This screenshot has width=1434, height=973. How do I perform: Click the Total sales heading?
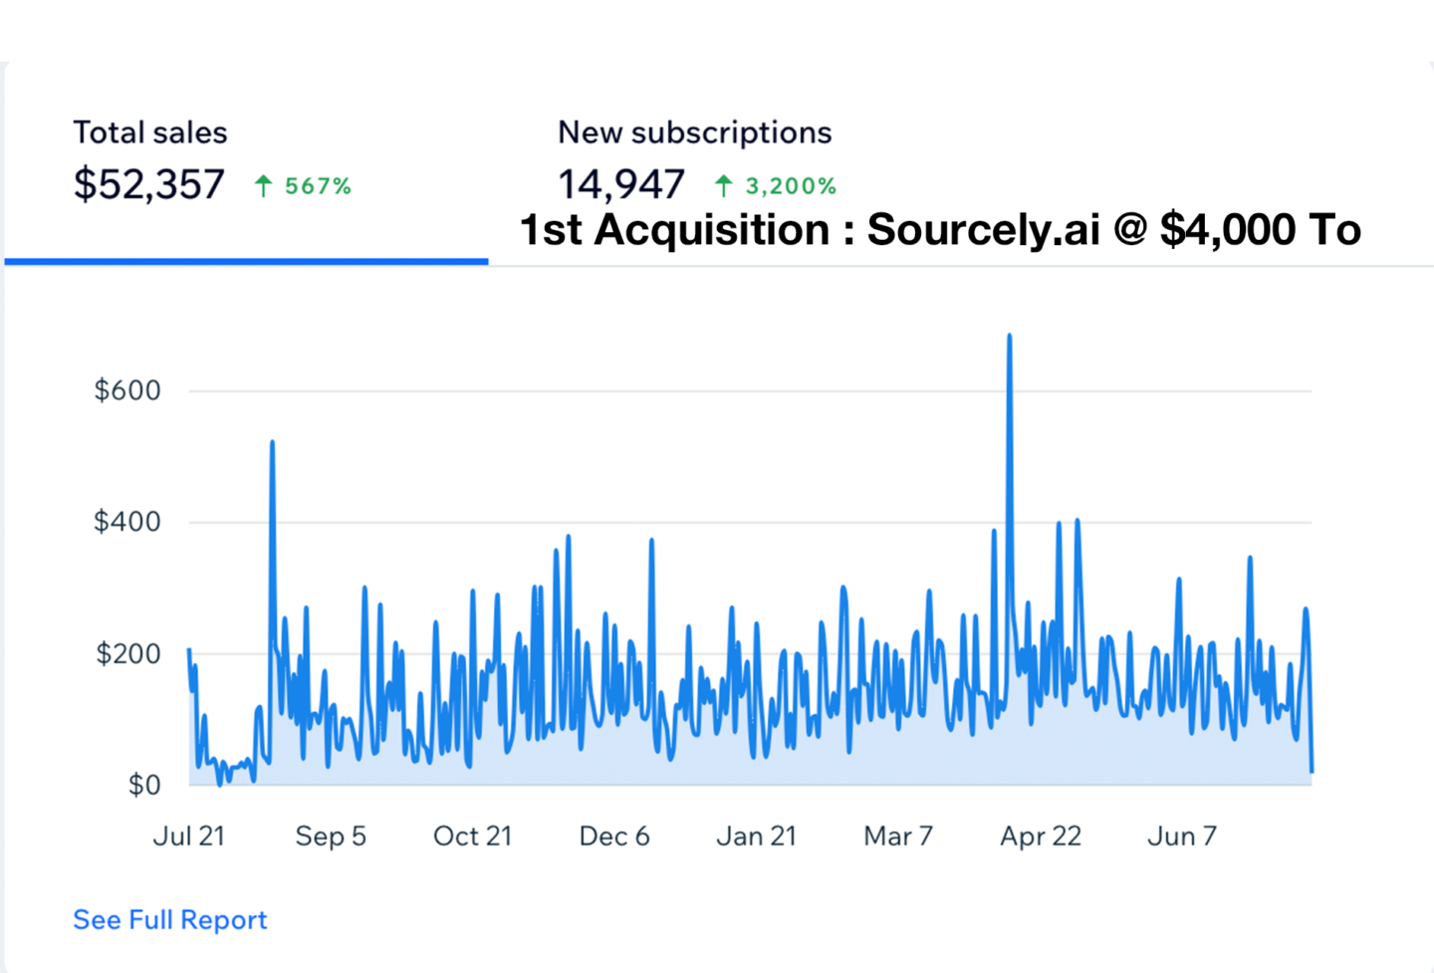pos(149,132)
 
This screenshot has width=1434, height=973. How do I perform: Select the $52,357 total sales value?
pos(149,185)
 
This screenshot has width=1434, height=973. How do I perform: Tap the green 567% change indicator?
pos(304,186)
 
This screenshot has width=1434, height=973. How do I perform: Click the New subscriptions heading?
pos(694,132)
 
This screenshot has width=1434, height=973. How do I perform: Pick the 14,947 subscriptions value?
pos(620,185)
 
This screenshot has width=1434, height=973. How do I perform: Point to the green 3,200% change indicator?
pos(777,186)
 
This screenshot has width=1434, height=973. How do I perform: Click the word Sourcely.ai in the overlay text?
pos(983,230)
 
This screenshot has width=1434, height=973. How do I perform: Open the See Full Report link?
pos(170,919)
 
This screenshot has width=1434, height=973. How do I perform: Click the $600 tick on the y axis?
pos(127,390)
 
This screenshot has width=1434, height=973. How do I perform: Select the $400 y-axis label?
pos(127,522)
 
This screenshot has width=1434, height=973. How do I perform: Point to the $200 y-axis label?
pos(127,654)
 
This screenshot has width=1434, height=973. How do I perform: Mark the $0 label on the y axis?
pos(144,785)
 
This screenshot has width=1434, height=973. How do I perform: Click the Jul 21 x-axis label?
pos(188,836)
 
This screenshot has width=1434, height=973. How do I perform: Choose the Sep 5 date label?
pos(331,836)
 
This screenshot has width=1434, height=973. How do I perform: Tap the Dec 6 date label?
pos(614,836)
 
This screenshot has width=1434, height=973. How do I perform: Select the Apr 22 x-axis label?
pos(1041,836)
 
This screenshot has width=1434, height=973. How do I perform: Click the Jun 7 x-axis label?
pos(1182,836)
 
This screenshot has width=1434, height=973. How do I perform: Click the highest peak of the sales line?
pos(1009,337)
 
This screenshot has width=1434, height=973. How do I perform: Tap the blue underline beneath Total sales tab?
pos(246,261)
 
